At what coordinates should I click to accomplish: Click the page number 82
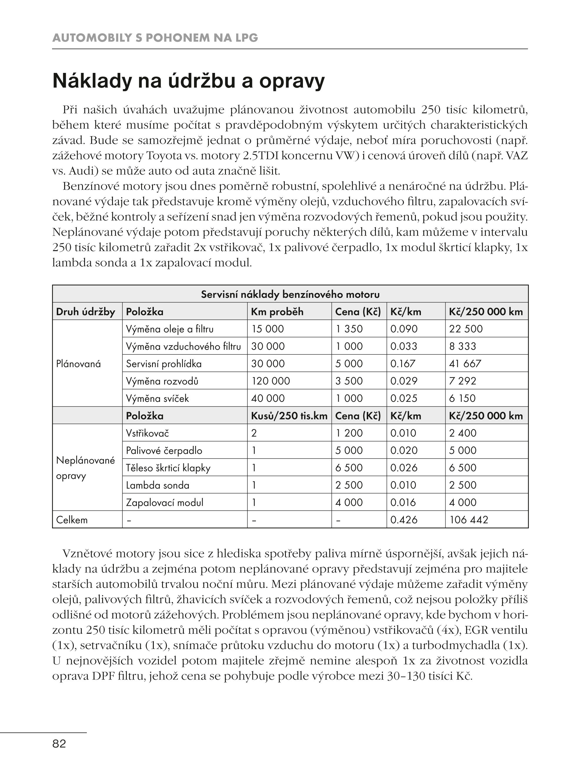[59, 743]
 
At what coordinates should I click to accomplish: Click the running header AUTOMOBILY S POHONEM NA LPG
[155, 38]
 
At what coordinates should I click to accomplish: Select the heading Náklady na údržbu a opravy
[188, 81]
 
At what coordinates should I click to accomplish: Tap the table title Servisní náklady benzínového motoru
[290, 294]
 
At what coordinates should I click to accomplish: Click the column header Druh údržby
[85, 312]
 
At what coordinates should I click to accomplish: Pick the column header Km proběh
[277, 312]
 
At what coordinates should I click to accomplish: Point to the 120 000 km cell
[270, 381]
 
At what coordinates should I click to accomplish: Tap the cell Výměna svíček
[157, 398]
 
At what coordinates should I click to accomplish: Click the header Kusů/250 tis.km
[289, 416]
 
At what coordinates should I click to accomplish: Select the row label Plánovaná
[78, 364]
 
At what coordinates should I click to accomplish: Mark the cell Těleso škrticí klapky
[168, 468]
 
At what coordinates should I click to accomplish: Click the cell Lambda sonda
[158, 485]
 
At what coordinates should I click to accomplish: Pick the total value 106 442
[468, 520]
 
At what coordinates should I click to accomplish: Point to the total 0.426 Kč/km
[404, 520]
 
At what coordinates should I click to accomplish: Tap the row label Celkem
[72, 520]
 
